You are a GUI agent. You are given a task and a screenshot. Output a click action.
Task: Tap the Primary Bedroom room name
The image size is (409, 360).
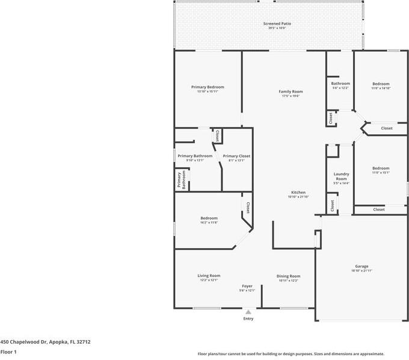[208, 87]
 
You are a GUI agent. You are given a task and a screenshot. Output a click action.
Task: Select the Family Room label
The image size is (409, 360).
[291, 92]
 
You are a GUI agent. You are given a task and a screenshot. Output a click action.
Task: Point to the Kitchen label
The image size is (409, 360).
[298, 193]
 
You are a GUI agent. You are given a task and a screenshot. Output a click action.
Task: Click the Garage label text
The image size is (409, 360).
[361, 266]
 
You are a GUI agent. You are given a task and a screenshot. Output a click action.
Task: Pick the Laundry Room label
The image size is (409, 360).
[341, 176]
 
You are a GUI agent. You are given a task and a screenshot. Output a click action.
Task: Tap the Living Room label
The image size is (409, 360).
[209, 276]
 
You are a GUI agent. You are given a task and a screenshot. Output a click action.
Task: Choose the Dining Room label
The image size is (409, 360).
[289, 276]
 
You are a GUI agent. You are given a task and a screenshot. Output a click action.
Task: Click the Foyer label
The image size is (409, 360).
[247, 286]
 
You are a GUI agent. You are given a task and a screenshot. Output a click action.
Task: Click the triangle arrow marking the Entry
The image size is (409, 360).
[248, 312]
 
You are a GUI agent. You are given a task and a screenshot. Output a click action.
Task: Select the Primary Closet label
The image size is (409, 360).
[236, 156]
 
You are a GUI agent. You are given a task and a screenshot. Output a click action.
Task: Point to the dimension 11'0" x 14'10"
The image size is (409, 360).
[381, 88]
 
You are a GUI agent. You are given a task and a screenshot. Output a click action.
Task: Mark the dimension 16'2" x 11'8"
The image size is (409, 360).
[209, 223]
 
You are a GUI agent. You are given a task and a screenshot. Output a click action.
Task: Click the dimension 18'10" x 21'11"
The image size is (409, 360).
[361, 271]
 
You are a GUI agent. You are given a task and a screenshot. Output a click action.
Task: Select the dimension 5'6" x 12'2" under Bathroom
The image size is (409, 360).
[340, 88]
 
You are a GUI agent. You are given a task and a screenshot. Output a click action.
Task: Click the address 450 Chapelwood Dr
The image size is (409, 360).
[24, 341]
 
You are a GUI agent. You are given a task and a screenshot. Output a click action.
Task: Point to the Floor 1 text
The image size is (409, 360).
[8, 352]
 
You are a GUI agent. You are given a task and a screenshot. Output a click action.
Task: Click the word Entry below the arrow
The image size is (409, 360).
[248, 319]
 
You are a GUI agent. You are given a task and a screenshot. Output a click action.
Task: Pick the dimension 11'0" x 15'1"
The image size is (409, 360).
[381, 173]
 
